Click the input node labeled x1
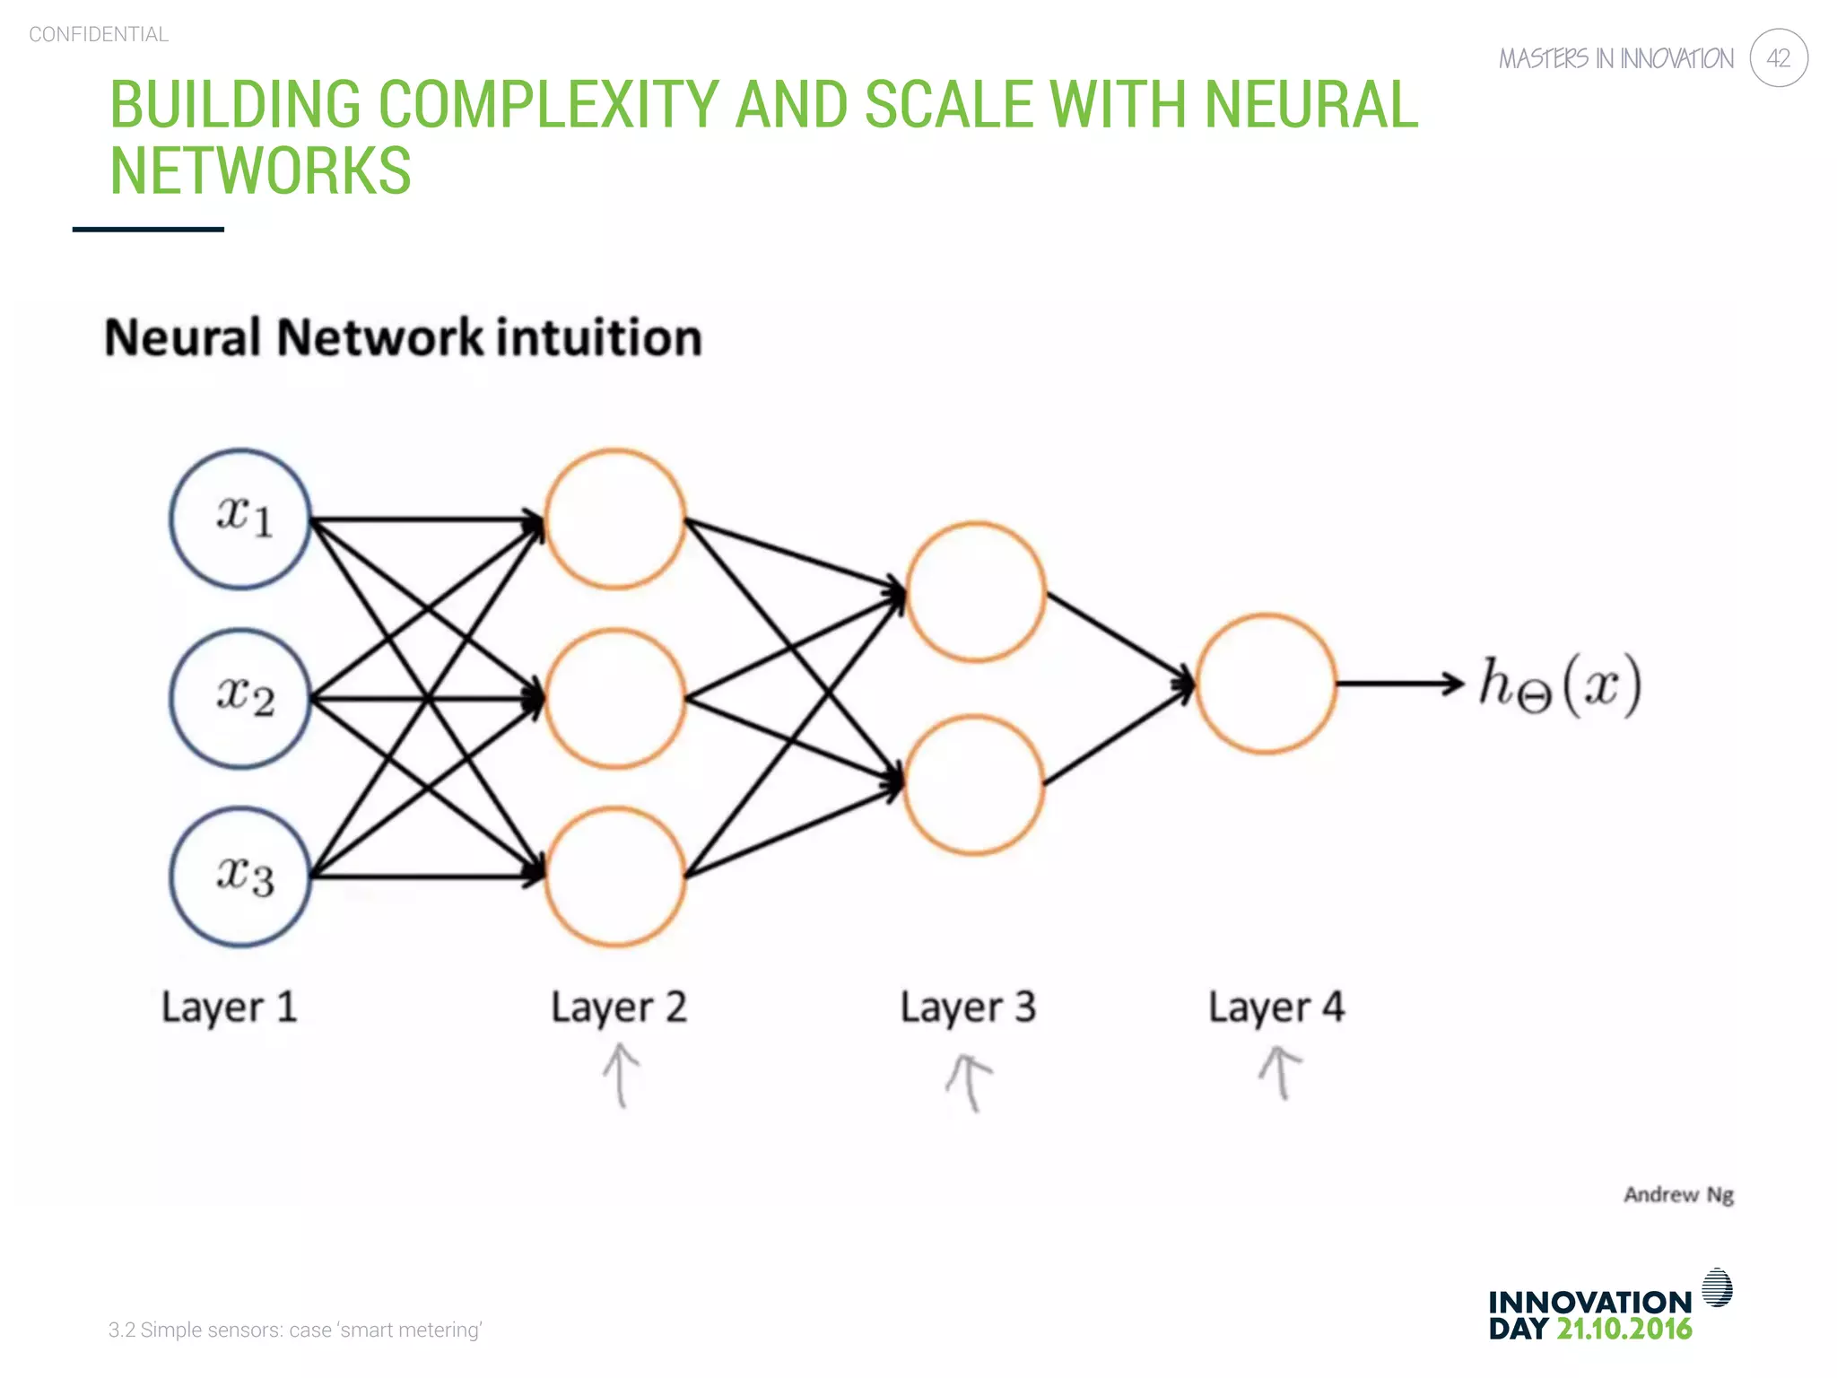point(240,519)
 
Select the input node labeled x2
point(240,698)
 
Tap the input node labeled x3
point(240,877)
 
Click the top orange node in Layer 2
point(615,519)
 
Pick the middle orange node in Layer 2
point(615,698)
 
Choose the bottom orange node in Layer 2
point(615,877)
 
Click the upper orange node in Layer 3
point(976,592)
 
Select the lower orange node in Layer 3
point(974,784)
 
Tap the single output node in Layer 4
point(1266,684)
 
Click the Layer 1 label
point(229,1007)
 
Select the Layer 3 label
point(968,1007)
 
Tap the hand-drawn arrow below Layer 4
point(1280,1072)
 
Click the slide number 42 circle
point(1778,58)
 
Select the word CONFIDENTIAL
point(99,34)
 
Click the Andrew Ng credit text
point(1678,1195)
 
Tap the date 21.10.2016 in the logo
point(1624,1329)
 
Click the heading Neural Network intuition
point(403,338)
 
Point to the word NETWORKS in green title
point(260,170)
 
